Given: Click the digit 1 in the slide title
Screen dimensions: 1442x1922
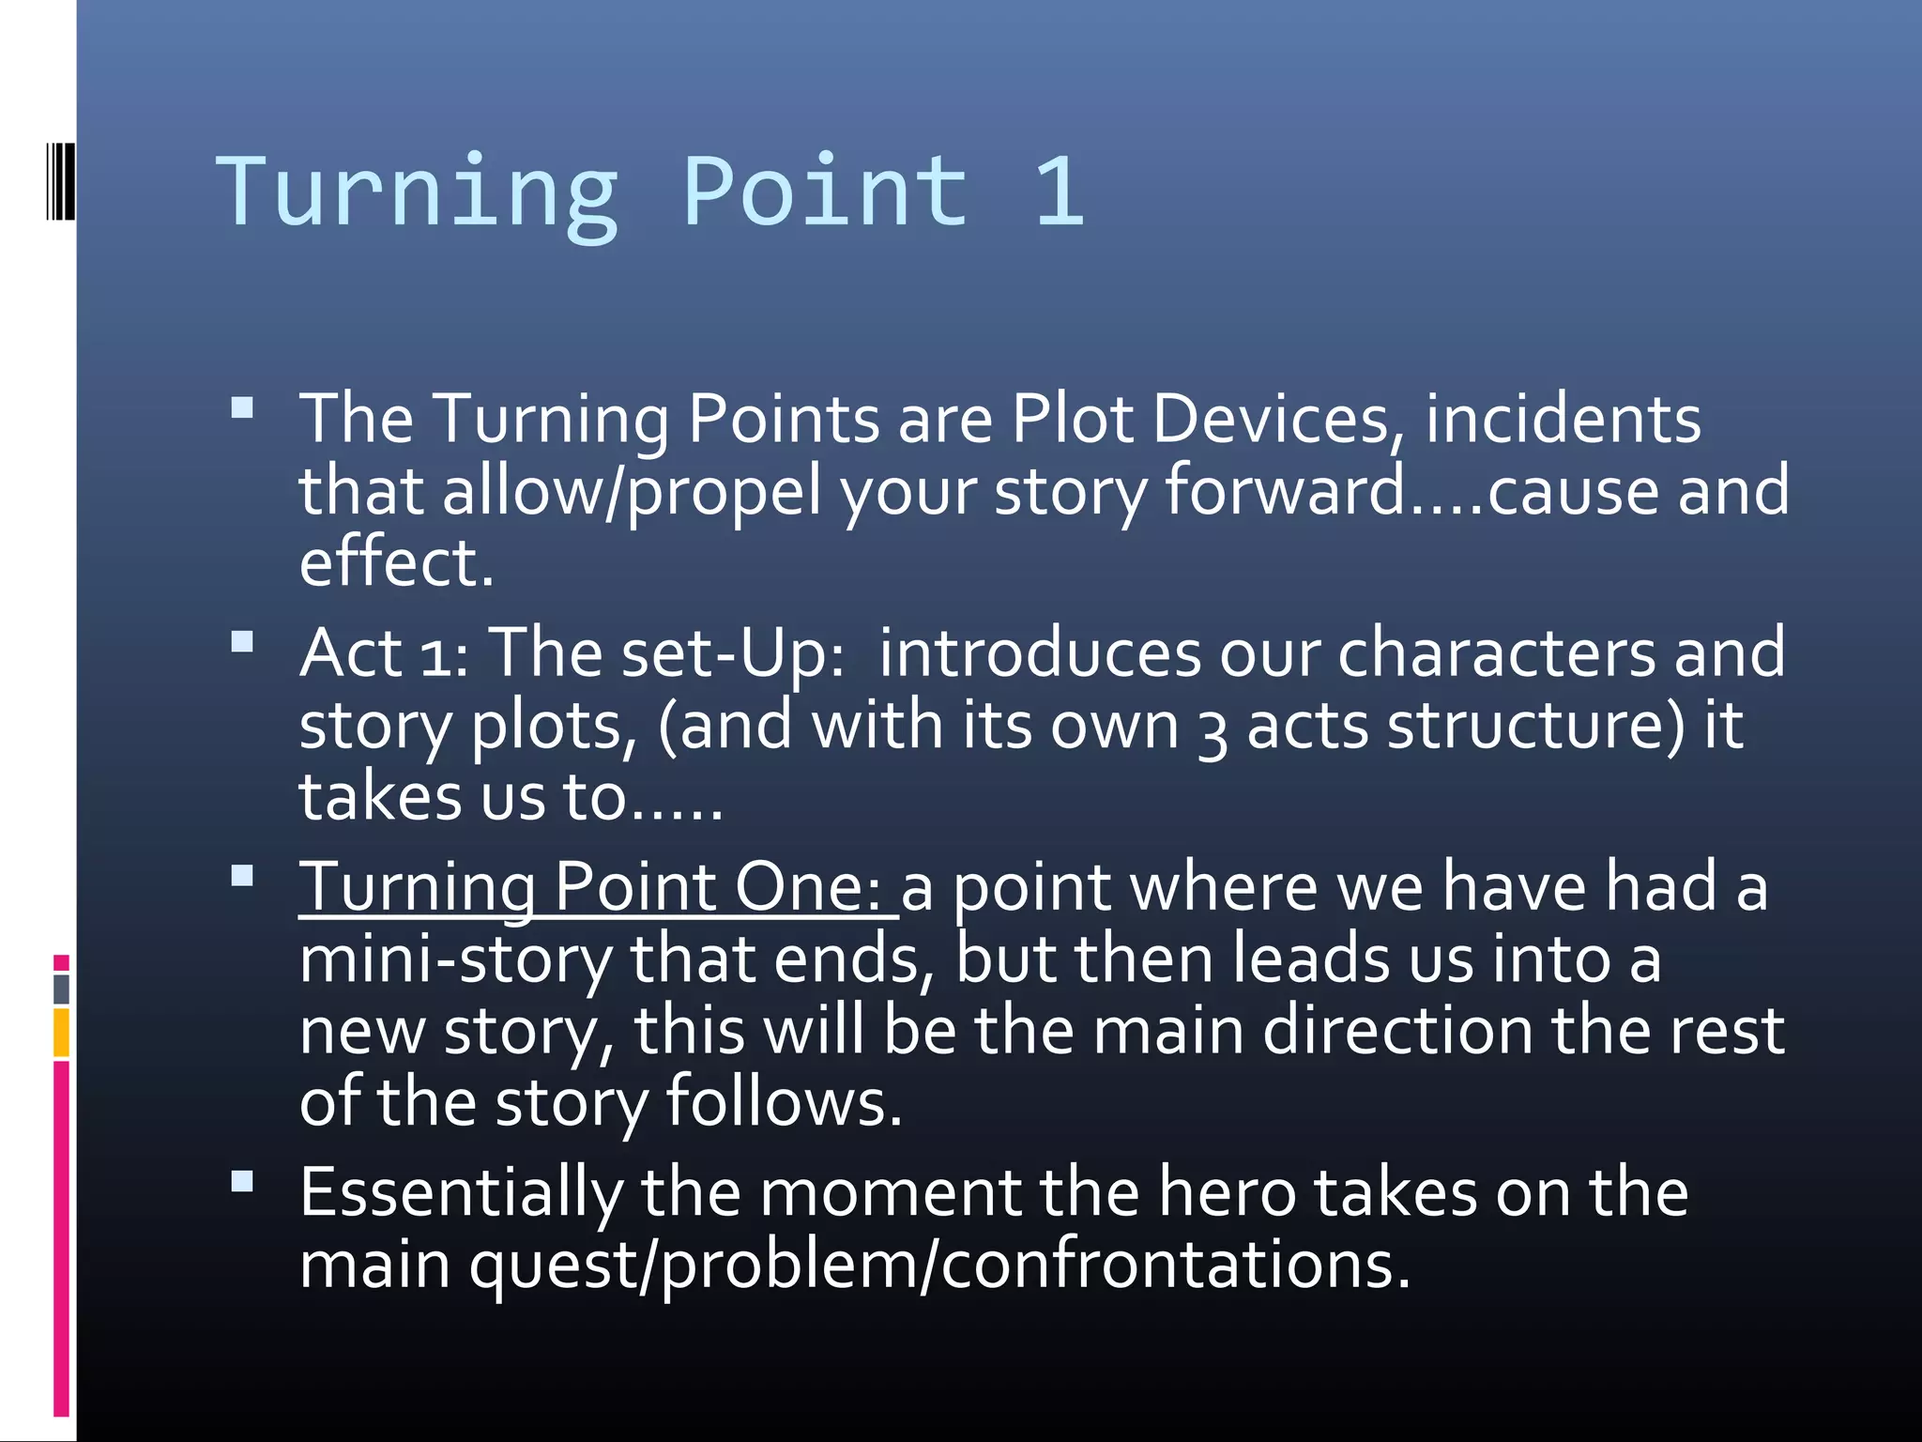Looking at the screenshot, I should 1060,192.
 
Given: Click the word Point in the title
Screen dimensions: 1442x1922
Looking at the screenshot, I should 826,192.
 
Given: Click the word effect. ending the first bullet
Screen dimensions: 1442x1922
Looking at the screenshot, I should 396,563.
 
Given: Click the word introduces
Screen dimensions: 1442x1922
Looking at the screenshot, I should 1039,653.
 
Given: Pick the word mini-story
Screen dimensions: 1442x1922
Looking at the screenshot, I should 455,959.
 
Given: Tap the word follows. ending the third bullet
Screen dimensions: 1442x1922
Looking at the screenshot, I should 784,1102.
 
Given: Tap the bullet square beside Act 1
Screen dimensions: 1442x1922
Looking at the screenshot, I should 242,641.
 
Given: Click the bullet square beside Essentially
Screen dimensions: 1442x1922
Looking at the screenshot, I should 242,1181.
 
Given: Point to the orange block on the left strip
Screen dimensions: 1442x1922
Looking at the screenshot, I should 61,1033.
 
